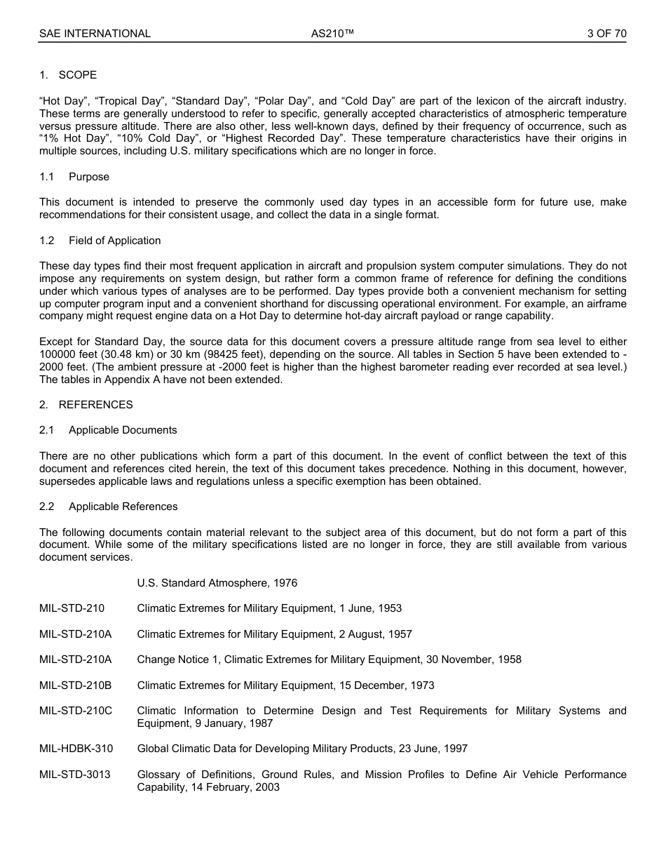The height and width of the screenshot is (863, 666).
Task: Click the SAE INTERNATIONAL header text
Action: (95, 34)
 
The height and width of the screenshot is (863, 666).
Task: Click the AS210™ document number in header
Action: (332, 34)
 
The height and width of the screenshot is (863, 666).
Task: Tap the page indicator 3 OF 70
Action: (606, 34)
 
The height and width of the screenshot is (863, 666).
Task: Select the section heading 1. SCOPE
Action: (68, 75)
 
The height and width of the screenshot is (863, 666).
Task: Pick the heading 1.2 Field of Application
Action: (100, 241)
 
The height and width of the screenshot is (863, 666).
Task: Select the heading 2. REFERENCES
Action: (86, 405)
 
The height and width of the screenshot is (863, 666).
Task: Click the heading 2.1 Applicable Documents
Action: (108, 430)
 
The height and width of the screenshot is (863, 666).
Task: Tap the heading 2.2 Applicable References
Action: (109, 507)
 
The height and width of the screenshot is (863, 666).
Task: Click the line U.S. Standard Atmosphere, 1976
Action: (217, 583)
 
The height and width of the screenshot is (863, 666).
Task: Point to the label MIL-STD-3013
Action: (75, 775)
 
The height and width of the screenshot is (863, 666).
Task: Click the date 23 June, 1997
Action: (435, 749)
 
